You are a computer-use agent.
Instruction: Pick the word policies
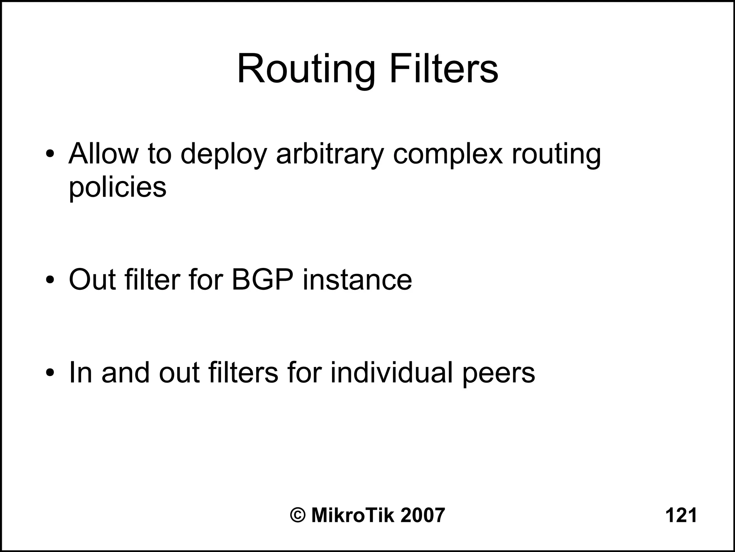pyautogui.click(x=117, y=187)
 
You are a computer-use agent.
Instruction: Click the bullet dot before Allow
pyautogui.click(x=50, y=155)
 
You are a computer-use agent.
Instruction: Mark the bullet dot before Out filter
pyautogui.click(x=50, y=280)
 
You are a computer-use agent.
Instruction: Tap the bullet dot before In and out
pyautogui.click(x=50, y=373)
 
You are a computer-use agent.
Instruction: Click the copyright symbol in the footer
pyautogui.click(x=298, y=515)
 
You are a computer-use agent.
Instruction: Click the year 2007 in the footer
pyautogui.click(x=423, y=515)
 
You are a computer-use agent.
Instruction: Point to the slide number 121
pyautogui.click(x=681, y=515)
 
